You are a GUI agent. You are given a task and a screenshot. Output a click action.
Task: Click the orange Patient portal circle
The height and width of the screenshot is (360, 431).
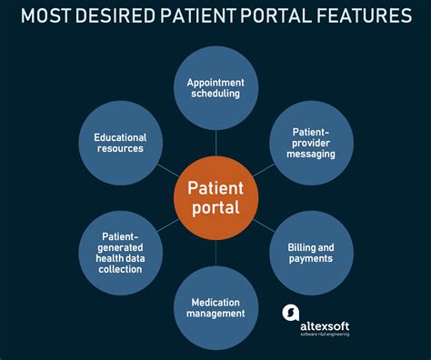point(215,198)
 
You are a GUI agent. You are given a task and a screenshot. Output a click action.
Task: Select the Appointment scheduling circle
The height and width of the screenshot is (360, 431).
point(215,88)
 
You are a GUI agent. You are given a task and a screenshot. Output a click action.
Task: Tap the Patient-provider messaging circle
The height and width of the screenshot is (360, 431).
point(311,143)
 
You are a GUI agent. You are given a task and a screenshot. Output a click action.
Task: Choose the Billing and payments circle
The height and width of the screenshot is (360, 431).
point(311,253)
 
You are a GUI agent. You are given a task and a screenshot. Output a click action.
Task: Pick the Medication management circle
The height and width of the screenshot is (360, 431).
point(215,308)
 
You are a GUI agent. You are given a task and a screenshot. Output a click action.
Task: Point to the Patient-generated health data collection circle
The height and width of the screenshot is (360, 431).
point(121,253)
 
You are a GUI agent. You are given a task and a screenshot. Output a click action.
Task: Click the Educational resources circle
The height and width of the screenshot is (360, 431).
point(121,143)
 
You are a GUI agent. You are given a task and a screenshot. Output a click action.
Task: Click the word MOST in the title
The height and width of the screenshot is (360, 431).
point(45,15)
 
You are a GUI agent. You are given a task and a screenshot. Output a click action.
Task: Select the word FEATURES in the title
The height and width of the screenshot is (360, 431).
point(364,15)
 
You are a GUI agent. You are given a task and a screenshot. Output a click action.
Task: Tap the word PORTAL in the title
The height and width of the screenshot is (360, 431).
point(276,15)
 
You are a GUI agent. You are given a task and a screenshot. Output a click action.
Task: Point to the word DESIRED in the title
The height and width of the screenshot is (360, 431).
point(115,15)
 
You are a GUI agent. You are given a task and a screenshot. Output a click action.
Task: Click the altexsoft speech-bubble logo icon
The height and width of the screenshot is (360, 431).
point(291,313)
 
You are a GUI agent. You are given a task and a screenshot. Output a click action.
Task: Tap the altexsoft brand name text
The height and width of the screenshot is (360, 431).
point(325,326)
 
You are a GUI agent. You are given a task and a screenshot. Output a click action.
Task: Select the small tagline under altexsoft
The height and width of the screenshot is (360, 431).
point(325,335)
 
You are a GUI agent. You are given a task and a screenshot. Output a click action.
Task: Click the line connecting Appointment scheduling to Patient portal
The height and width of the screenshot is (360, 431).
point(215,143)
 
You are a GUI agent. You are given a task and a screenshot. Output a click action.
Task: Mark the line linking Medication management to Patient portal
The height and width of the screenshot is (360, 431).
point(215,253)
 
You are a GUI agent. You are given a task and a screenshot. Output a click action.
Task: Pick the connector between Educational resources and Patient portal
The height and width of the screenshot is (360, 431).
point(168,170)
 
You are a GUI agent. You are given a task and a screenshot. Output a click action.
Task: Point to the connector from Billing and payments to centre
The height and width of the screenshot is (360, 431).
point(264,225)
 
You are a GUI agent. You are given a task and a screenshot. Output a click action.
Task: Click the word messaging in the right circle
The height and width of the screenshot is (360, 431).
point(311,155)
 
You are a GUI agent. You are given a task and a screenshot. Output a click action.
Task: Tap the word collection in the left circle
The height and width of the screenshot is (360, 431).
point(120,269)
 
